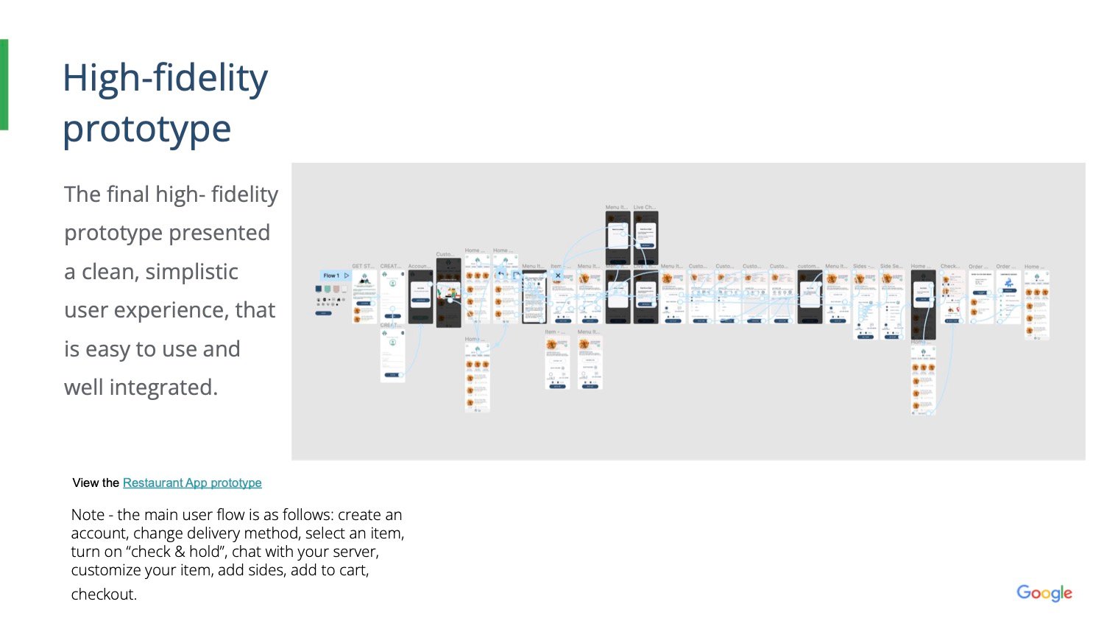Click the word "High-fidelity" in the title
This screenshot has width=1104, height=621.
click(165, 79)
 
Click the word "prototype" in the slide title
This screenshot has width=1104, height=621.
click(146, 129)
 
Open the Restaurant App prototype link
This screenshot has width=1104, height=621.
click(192, 483)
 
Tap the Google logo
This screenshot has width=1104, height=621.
click(1044, 593)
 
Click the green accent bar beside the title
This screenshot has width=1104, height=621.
click(4, 85)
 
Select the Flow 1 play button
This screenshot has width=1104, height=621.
click(347, 276)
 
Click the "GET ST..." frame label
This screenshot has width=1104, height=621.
click(363, 266)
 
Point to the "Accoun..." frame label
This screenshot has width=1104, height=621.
click(420, 266)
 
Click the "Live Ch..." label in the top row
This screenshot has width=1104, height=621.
click(645, 208)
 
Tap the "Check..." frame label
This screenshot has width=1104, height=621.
click(950, 266)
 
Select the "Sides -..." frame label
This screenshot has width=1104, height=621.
click(863, 266)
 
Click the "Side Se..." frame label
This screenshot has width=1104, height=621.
click(891, 266)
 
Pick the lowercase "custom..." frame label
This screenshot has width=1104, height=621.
click(808, 266)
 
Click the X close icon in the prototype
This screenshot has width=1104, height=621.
click(558, 276)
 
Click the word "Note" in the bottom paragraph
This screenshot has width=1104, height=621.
click(86, 515)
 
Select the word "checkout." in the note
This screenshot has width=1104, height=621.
click(104, 594)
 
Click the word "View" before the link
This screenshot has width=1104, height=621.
click(85, 483)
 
